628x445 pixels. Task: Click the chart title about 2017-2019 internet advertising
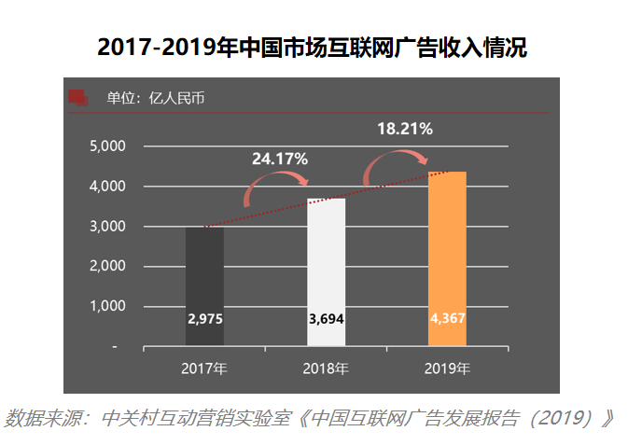(312, 48)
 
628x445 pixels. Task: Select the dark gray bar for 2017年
(204, 286)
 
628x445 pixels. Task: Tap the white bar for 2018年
(326, 272)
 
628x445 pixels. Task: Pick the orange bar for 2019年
(447, 258)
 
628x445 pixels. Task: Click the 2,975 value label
(205, 319)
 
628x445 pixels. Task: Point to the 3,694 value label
(327, 319)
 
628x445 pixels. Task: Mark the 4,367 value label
(448, 318)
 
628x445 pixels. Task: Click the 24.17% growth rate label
(280, 159)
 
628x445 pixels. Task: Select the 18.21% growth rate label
(405, 129)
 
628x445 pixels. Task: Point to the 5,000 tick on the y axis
(107, 146)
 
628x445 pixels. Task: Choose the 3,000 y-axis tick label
(107, 227)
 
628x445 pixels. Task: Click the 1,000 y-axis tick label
(107, 306)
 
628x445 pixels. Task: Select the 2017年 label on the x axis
(204, 369)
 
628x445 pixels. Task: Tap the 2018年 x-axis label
(326, 369)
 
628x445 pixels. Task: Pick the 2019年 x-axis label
(447, 369)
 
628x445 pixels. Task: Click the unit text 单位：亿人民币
(156, 98)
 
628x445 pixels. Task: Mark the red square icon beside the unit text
(78, 98)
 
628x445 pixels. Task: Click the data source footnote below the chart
(309, 419)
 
